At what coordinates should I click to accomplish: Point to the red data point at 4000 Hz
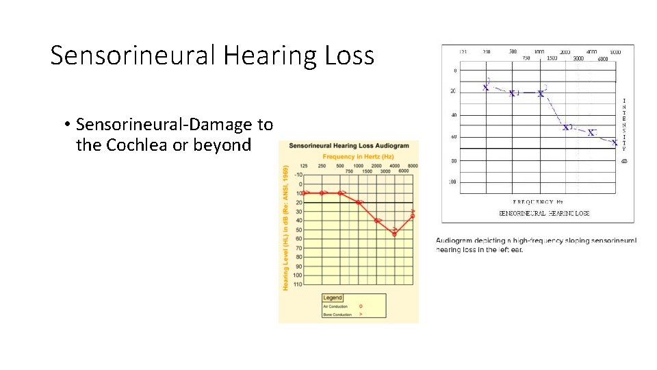pyautogui.click(x=395, y=234)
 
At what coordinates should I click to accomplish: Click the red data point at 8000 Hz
pyautogui.click(x=413, y=216)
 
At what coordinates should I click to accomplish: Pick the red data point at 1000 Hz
pyautogui.click(x=359, y=202)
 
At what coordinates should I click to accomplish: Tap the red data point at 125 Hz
pyautogui.click(x=305, y=193)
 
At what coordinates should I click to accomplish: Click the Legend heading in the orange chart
pyautogui.click(x=333, y=297)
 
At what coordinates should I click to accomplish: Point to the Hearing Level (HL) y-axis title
pyautogui.click(x=285, y=226)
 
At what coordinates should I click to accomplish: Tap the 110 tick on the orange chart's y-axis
pyautogui.click(x=297, y=284)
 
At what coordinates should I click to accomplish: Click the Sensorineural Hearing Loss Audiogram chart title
pyautogui.click(x=348, y=145)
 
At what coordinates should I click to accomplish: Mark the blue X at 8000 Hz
pyautogui.click(x=615, y=143)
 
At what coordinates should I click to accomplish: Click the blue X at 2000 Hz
pyautogui.click(x=566, y=127)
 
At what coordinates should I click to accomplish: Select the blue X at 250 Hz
pyautogui.click(x=486, y=87)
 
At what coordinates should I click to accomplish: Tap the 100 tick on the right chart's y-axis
pyautogui.click(x=452, y=182)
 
